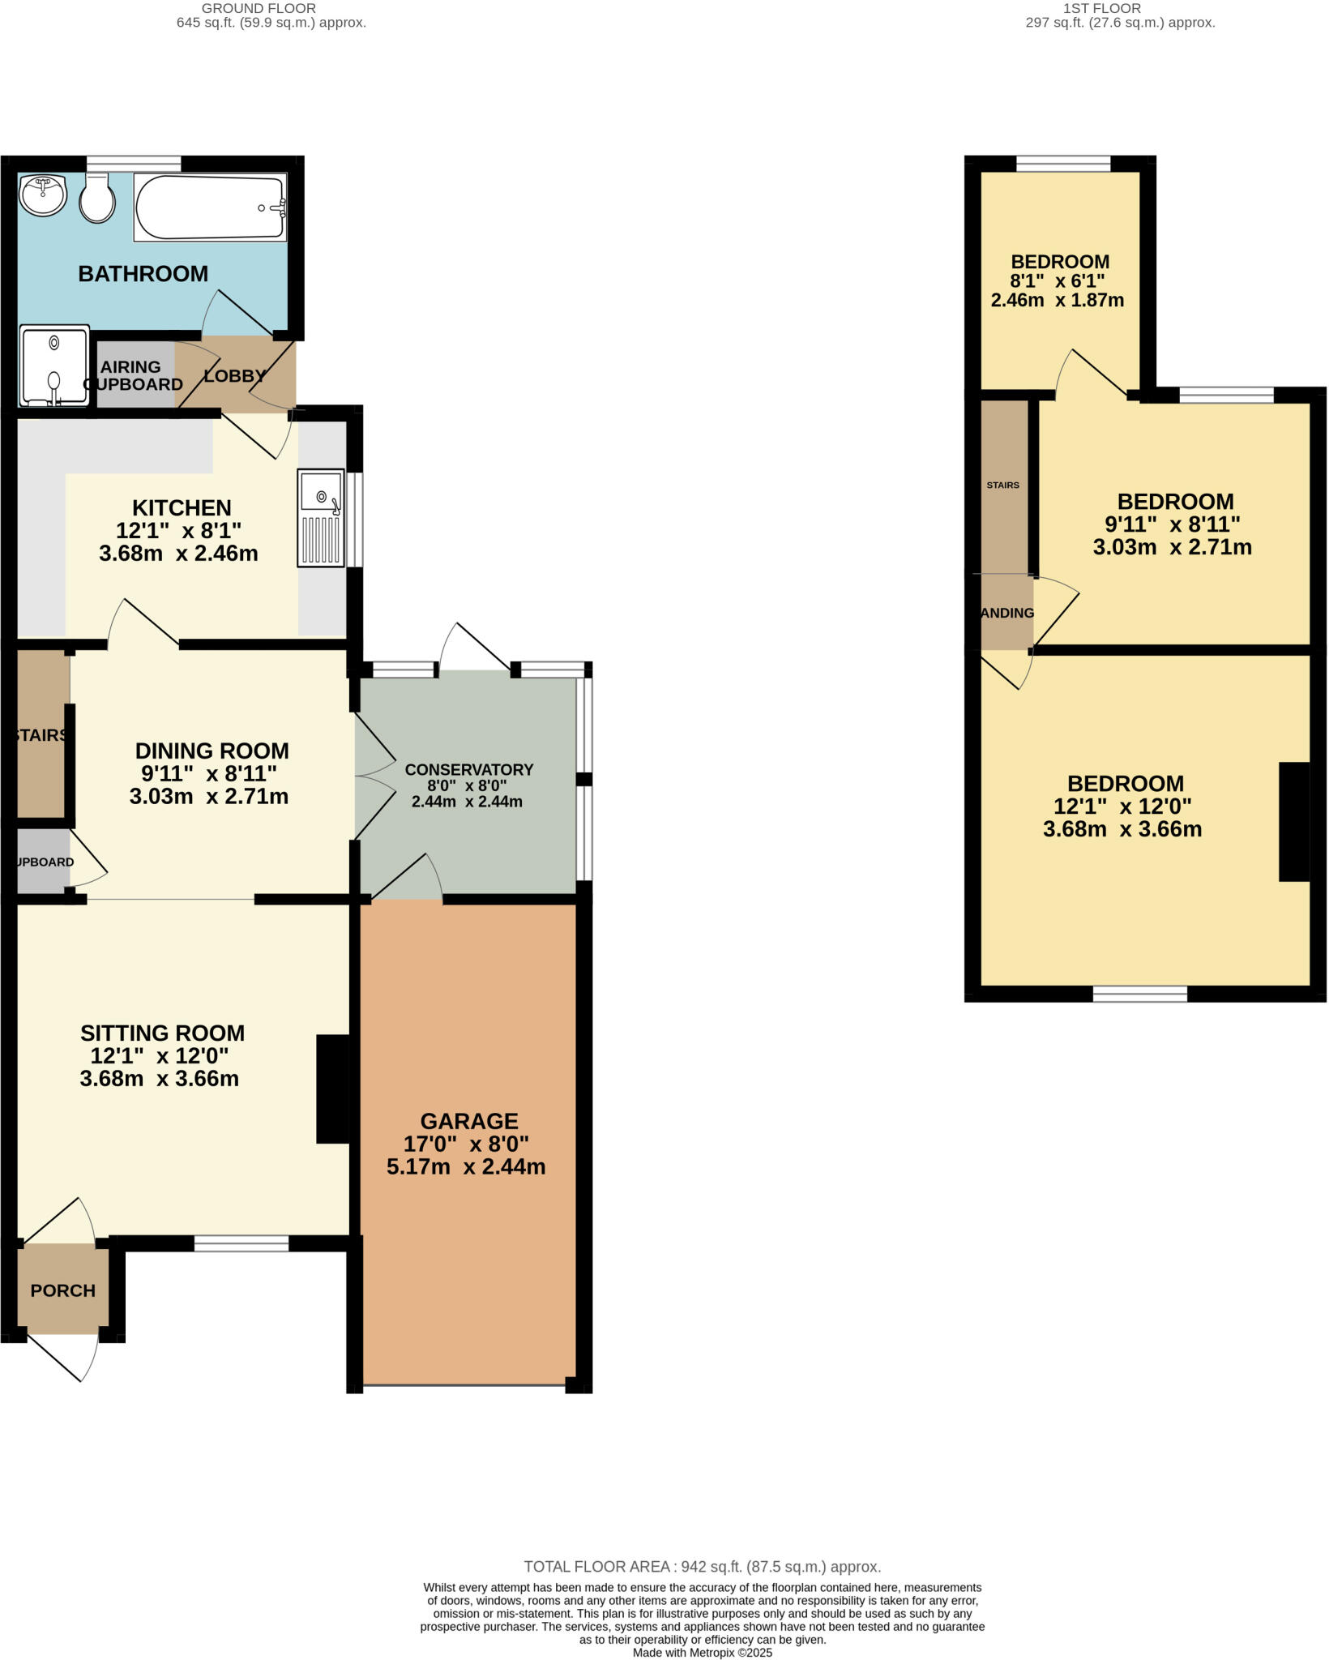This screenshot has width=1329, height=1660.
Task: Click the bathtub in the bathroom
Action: (211, 207)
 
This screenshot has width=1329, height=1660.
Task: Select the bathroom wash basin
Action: (42, 195)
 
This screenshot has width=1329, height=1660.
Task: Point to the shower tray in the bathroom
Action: (53, 366)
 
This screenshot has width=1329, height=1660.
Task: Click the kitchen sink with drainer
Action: (322, 517)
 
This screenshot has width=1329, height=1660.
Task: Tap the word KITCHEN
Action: (182, 508)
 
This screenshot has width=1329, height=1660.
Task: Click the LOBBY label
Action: (234, 376)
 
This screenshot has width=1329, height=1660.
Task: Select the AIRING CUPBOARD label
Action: (132, 376)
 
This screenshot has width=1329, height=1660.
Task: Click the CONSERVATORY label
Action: (468, 769)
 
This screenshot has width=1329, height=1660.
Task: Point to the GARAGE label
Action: (468, 1121)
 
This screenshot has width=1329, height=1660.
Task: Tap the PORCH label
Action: (62, 1290)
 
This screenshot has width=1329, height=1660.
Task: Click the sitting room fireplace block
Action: (332, 1089)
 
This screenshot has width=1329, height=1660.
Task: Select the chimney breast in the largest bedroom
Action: (1294, 821)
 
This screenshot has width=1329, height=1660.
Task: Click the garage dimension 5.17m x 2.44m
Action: (466, 1167)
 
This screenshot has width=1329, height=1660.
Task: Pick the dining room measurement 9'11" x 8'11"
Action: (209, 773)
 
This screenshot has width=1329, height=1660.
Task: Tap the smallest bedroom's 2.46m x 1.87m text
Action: (1057, 300)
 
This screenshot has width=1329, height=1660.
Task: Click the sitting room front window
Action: (241, 1243)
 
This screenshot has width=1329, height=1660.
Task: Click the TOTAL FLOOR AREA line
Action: (702, 1567)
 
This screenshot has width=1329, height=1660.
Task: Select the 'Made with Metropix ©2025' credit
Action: (702, 1653)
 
